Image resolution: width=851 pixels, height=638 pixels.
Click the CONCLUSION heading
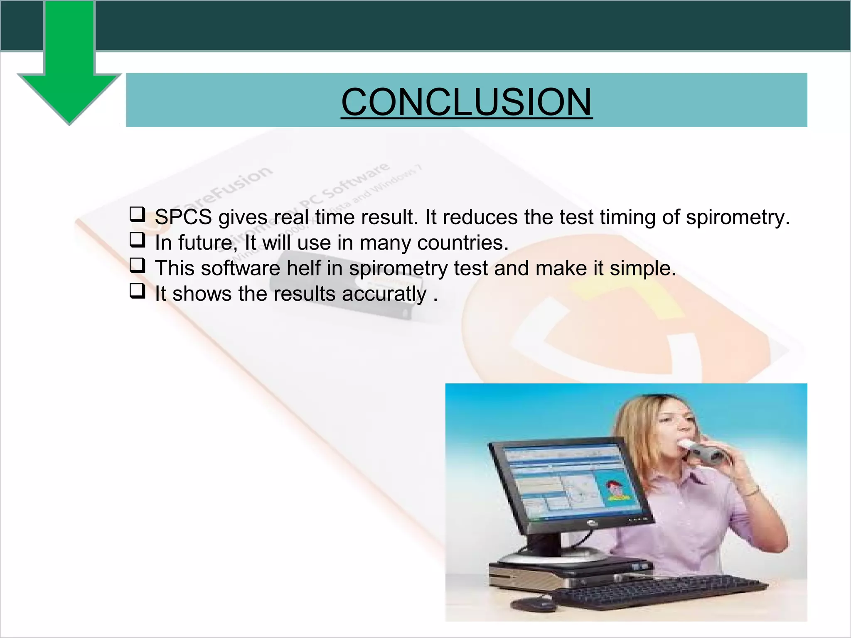pos(466,102)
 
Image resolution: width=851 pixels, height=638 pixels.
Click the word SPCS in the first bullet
pos(183,217)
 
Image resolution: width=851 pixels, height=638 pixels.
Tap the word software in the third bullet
pos(240,268)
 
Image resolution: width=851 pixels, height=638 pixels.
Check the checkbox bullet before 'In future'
pos(138,240)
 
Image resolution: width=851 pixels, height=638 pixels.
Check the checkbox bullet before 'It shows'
pos(138,291)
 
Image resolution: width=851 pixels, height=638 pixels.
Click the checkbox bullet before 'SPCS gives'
pos(138,214)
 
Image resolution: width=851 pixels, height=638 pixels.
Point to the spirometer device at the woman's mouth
pos(706,453)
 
